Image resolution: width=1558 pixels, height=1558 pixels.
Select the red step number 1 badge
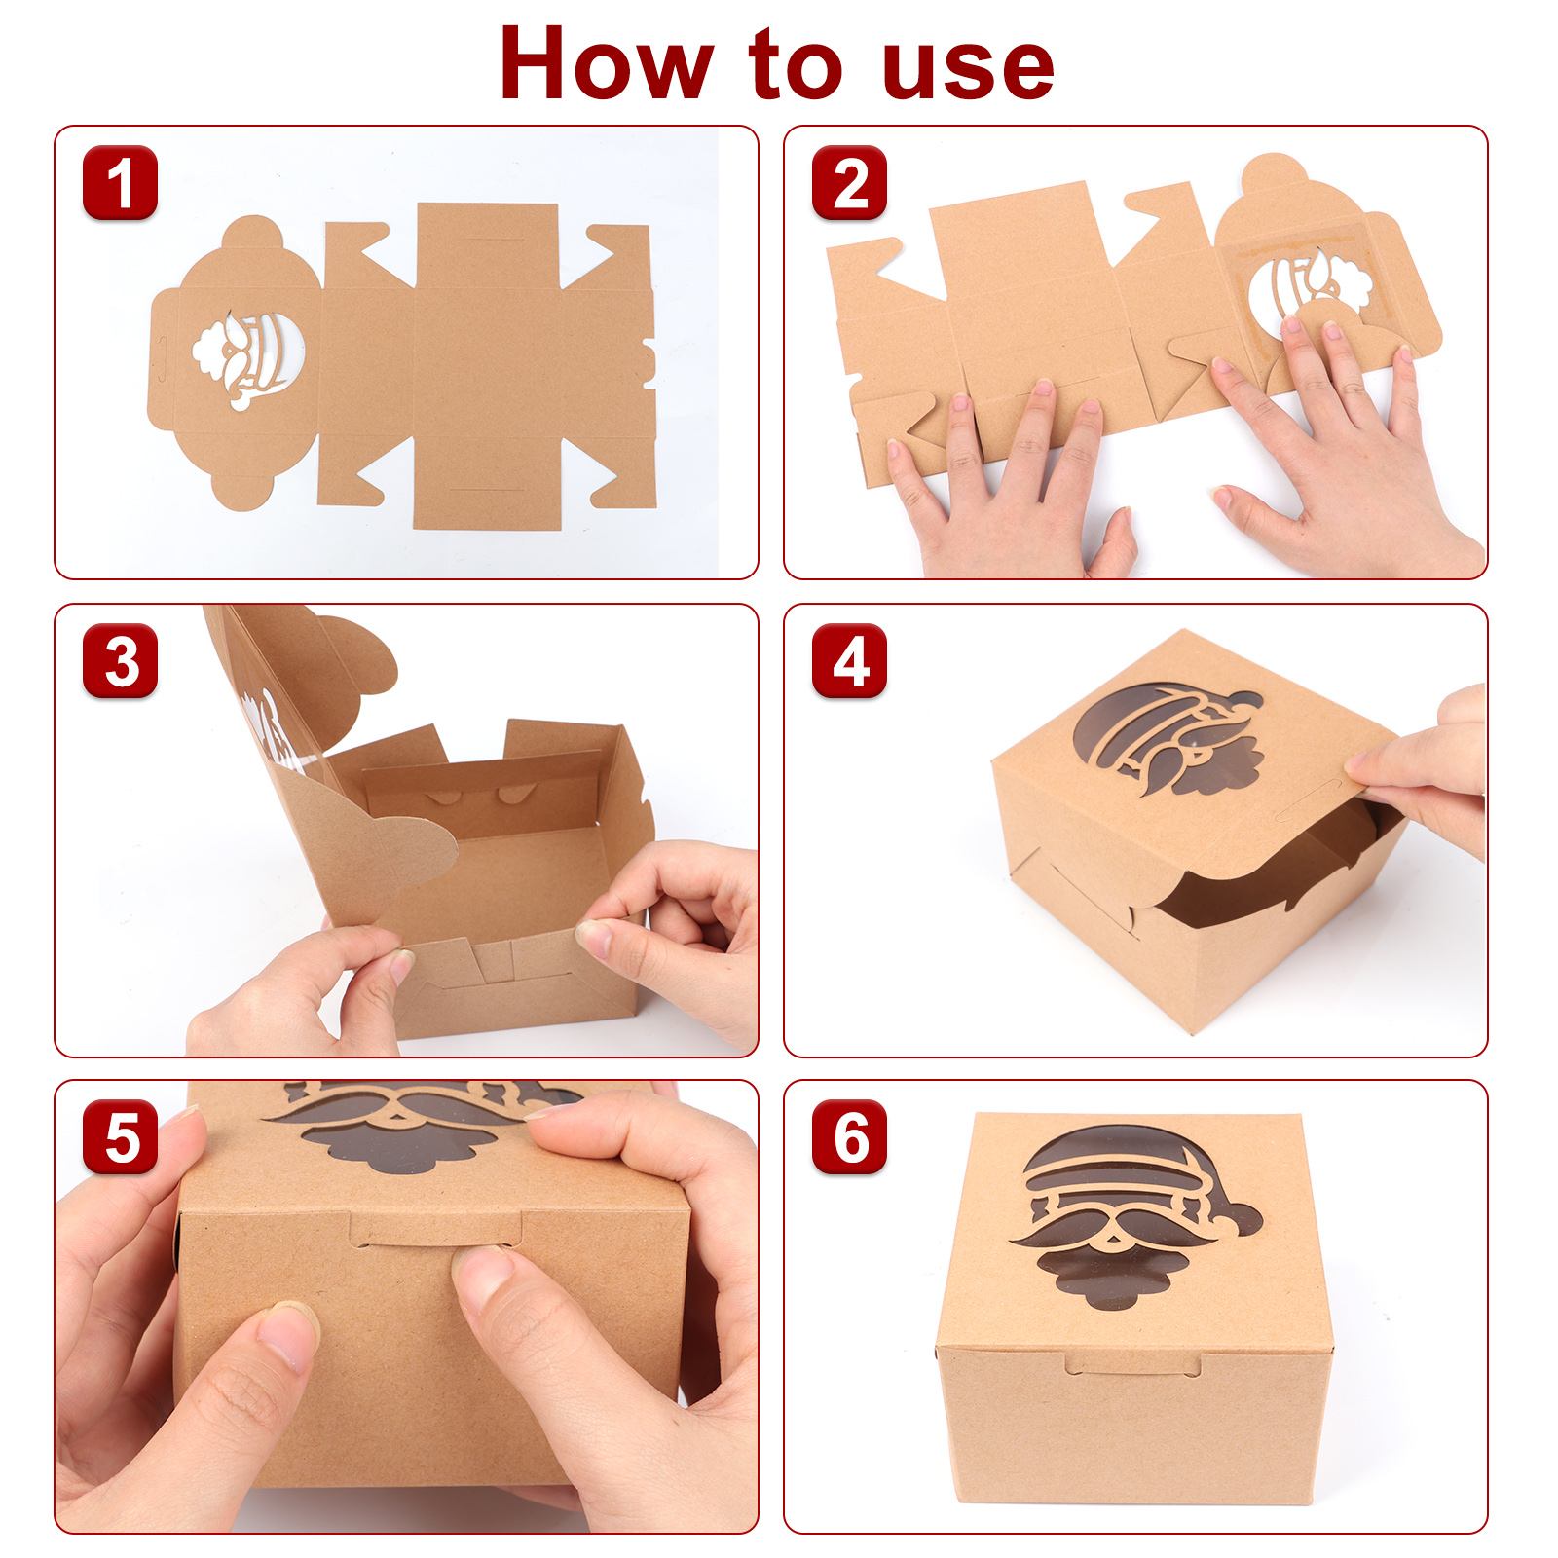pyautogui.click(x=120, y=182)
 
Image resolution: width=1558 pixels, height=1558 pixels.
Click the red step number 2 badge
pyautogui.click(x=849, y=182)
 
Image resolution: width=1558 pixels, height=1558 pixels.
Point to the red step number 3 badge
pyautogui.click(x=120, y=660)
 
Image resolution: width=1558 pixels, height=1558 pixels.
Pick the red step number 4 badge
pyautogui.click(x=849, y=660)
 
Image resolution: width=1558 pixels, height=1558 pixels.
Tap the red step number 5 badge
pyautogui.click(x=120, y=1136)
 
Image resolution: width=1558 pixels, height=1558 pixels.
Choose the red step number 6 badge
pyautogui.click(x=849, y=1136)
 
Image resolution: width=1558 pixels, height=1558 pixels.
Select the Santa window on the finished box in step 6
pyautogui.click(x=1134, y=1217)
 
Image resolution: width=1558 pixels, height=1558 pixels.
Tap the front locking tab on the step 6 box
pyautogui.click(x=1132, y=1365)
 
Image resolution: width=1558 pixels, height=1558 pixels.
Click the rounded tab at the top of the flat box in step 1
pyautogui.click(x=252, y=232)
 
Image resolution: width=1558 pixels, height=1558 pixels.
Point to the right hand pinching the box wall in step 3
pyautogui.click(x=672, y=935)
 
